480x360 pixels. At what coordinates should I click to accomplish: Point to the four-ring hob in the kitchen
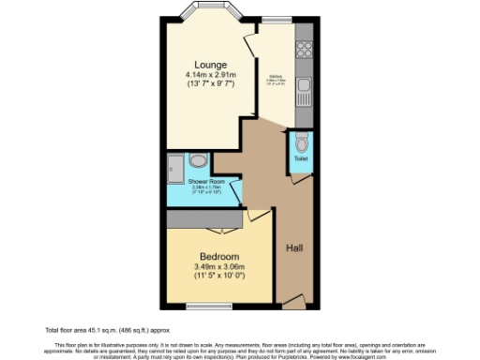tap(305, 43)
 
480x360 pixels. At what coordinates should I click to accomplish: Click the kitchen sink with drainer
tap(305, 92)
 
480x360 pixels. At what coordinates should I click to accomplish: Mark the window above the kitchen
tap(276, 19)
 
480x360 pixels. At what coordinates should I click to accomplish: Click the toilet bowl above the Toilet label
tap(300, 144)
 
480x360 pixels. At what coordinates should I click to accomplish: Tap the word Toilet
tap(300, 159)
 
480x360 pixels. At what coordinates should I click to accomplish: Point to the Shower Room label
tap(203, 180)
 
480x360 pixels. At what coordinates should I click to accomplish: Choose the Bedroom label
tap(218, 256)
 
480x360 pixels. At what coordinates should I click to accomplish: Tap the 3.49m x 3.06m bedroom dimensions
tap(218, 268)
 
